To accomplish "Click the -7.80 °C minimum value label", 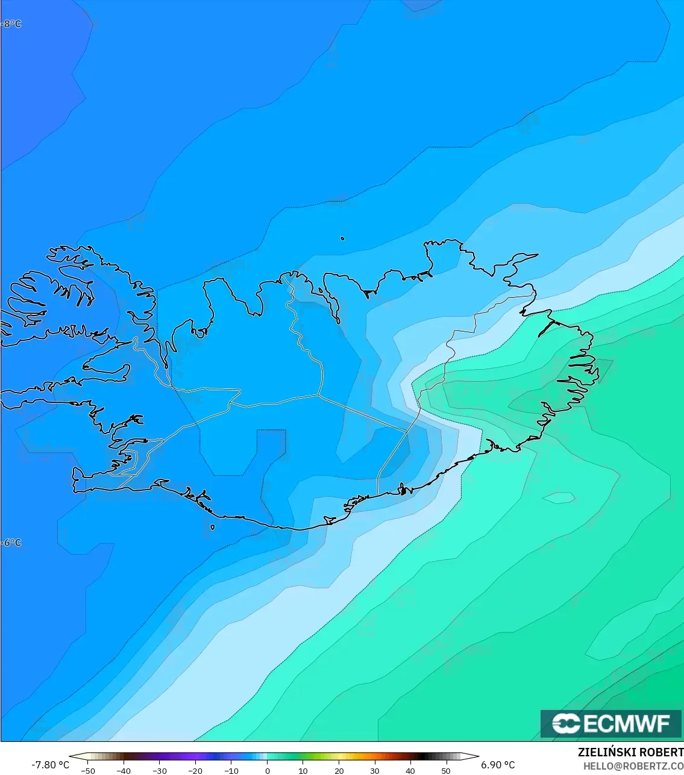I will point(50,765).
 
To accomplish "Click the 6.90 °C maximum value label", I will point(498,765).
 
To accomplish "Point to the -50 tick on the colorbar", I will point(88,770).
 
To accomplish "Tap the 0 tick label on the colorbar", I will point(267,770).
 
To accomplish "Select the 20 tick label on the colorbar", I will point(339,770).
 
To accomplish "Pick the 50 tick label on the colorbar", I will point(446,770).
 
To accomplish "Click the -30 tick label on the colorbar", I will point(159,770).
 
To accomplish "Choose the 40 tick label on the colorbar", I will point(410,770).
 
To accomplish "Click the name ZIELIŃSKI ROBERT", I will point(630,752).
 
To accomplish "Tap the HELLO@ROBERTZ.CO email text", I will point(633,765).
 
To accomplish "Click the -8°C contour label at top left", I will point(11,24).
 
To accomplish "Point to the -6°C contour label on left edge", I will point(11,543).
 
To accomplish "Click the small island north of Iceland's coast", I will point(342,238).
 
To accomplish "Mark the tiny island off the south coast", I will point(213,528).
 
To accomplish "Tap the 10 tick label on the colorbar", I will point(303,770).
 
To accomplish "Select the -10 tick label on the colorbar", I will point(231,770).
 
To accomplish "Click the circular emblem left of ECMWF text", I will point(566,723).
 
